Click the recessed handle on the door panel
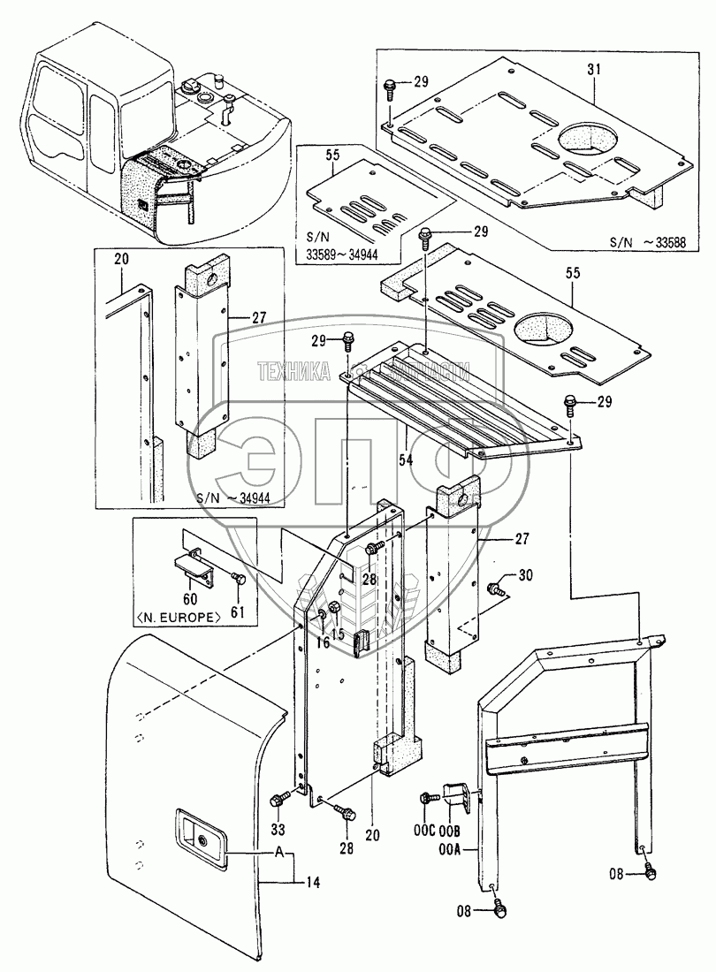pos(202,834)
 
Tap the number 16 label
pos(322,643)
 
